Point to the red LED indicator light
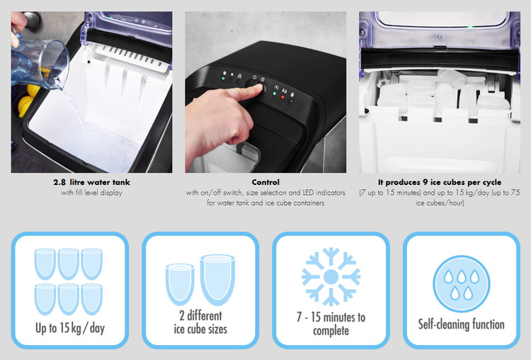point(282,97)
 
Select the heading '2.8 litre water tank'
point(91,182)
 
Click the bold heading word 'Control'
point(265,182)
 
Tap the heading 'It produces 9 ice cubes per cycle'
point(440,182)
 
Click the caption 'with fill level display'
point(91,193)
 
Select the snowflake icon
point(331,276)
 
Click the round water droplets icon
point(461,283)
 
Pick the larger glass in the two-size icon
point(217,280)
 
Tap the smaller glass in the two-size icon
point(180,283)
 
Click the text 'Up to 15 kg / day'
point(70,328)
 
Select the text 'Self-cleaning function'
point(461,325)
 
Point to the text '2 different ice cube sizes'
point(200,322)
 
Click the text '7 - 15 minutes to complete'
point(331,324)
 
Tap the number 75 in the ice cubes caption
point(515,193)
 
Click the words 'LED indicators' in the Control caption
point(324,193)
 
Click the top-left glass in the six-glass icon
point(45,264)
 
